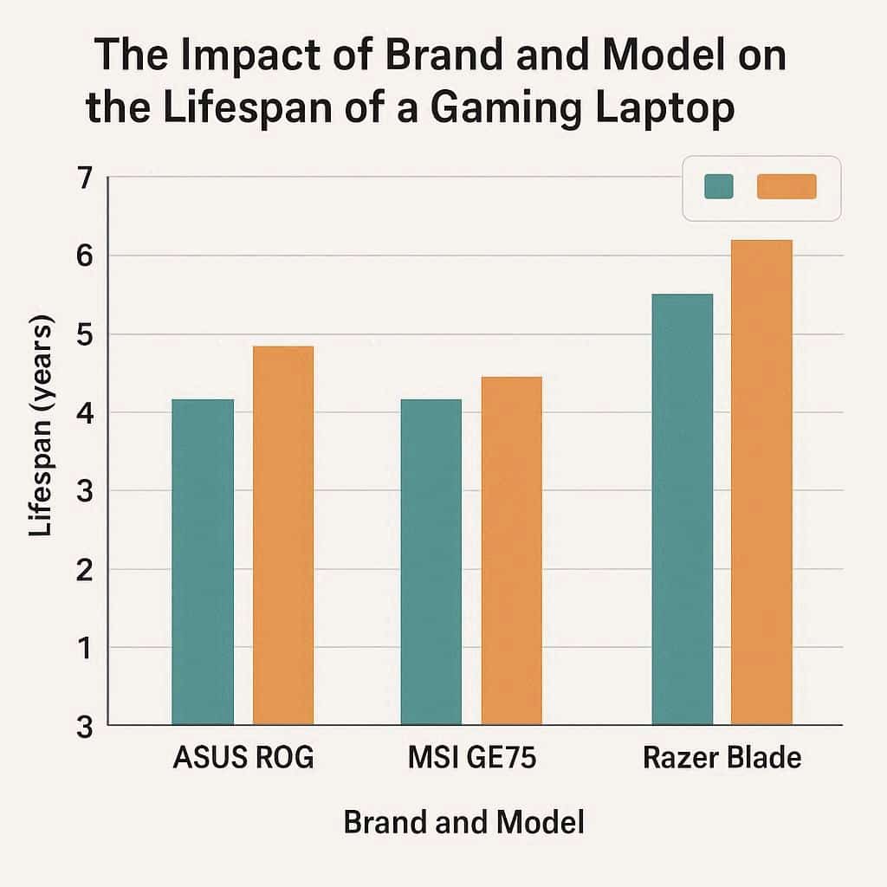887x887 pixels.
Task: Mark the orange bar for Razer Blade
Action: click(761, 482)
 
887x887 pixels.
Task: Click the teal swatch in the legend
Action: click(719, 186)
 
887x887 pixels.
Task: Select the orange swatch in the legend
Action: click(787, 186)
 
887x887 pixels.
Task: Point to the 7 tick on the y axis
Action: click(84, 178)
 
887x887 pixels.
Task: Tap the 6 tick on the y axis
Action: click(84, 256)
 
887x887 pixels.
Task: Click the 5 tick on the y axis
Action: click(84, 334)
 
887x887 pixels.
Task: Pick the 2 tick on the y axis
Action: click(84, 569)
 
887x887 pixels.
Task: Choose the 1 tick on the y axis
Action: click(84, 648)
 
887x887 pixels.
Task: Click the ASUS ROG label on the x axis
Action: click(243, 758)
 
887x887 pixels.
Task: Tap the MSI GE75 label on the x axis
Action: click(472, 758)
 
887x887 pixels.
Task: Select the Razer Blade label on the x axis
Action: click(722, 758)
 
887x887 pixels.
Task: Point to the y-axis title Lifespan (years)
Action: click(41, 425)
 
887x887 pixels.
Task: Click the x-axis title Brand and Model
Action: click(463, 822)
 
